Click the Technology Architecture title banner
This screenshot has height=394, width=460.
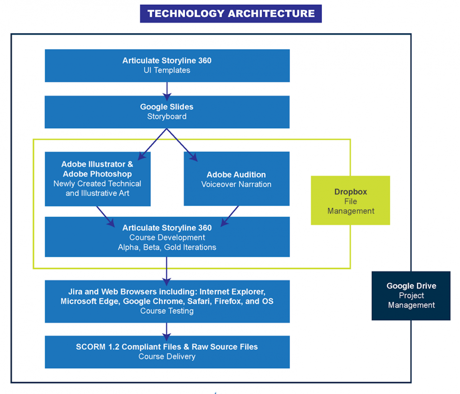tap(231, 14)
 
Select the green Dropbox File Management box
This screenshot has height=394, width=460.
tap(350, 200)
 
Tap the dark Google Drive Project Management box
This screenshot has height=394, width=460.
tap(411, 296)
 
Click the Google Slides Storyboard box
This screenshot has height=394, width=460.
tap(167, 112)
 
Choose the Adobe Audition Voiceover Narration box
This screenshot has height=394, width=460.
tap(237, 179)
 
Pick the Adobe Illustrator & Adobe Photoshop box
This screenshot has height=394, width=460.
tap(97, 179)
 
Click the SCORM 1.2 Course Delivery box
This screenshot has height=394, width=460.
tap(167, 352)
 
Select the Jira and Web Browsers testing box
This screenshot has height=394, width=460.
tap(167, 301)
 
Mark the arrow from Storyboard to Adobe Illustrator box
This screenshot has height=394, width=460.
tap(152, 145)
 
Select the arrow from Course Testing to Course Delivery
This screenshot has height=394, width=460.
tap(167, 330)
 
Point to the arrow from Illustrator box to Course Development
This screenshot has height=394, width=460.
tap(105, 216)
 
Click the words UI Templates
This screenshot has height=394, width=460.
tap(167, 70)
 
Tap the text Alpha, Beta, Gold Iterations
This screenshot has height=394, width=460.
tap(167, 247)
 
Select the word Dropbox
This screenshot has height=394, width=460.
tap(351, 192)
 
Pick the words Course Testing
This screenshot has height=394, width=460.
tap(167, 311)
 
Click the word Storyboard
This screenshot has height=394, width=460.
tap(167, 117)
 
